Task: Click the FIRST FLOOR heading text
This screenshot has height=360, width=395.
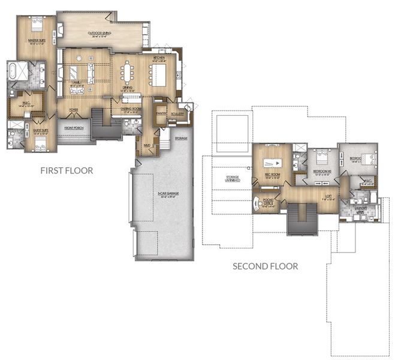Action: tap(67, 170)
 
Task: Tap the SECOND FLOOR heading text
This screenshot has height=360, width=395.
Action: tap(265, 266)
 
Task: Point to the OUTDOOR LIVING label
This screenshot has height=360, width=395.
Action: tap(99, 33)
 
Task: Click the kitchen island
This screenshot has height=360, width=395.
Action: tap(159, 73)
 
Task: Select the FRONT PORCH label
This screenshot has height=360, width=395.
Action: tap(74, 128)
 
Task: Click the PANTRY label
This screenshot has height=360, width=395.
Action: tap(160, 113)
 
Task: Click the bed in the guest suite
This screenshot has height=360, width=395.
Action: tap(40, 143)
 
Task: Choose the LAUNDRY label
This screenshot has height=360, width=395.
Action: tap(360, 209)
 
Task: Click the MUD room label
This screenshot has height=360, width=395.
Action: tap(146, 145)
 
